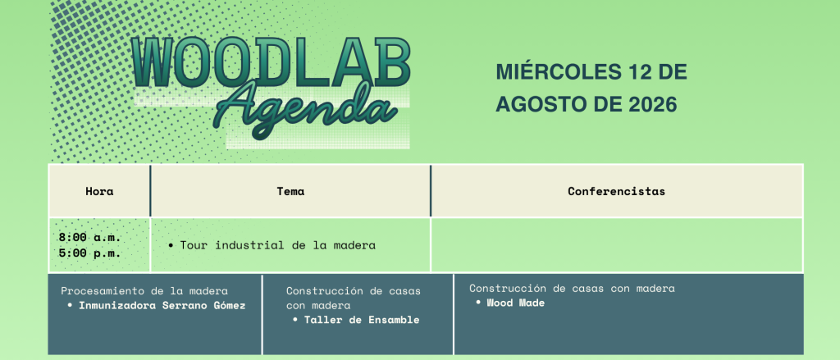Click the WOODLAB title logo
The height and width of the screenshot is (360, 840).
pyautogui.click(x=271, y=62)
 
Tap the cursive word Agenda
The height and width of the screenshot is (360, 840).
pyautogui.click(x=304, y=111)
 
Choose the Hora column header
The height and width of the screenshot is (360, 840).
pyautogui.click(x=99, y=191)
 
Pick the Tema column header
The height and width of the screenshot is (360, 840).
pyautogui.click(x=290, y=191)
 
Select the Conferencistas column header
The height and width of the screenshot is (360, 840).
pyautogui.click(x=617, y=191)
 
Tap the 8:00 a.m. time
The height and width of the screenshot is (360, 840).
pyautogui.click(x=90, y=237)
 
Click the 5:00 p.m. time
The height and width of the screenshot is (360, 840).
pyautogui.click(x=90, y=253)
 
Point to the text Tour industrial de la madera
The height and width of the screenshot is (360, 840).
pyautogui.click(x=277, y=245)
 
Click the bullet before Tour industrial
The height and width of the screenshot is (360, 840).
pyautogui.click(x=171, y=246)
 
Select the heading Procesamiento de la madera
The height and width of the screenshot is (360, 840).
pyautogui.click(x=144, y=291)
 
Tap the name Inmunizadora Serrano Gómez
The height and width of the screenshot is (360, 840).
pyautogui.click(x=162, y=306)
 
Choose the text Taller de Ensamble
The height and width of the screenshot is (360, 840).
pyautogui.click(x=362, y=321)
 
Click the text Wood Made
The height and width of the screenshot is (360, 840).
pyautogui.click(x=515, y=303)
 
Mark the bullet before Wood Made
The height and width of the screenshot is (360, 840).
pyautogui.click(x=477, y=303)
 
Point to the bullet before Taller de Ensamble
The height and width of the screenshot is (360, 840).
pyautogui.click(x=295, y=321)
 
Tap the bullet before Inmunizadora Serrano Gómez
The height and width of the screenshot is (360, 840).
pyautogui.click(x=70, y=306)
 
